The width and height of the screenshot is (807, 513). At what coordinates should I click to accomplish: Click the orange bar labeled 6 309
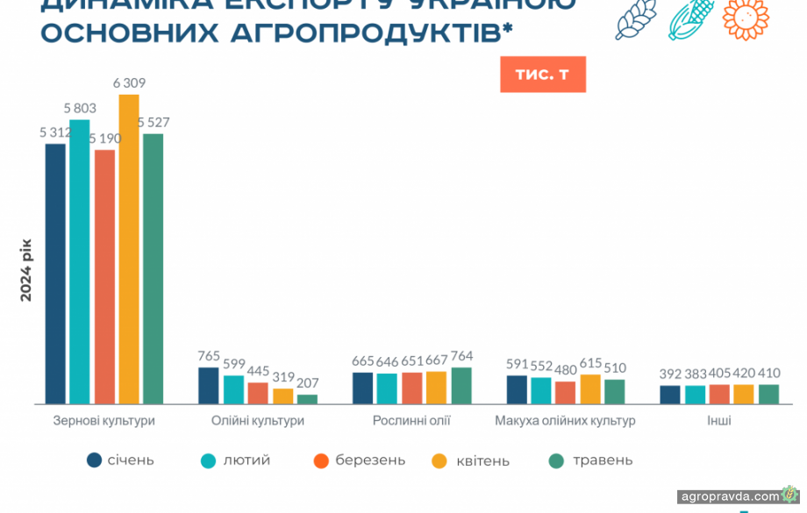tap(129, 249)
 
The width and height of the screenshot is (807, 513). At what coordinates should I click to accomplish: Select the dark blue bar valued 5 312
tap(55, 274)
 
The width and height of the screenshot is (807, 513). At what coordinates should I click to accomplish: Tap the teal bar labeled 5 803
tap(80, 261)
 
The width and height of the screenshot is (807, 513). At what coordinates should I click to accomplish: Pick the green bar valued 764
tap(461, 386)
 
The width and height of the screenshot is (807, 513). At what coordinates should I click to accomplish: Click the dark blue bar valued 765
tap(209, 386)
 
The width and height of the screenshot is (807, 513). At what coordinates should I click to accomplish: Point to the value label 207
tap(308, 383)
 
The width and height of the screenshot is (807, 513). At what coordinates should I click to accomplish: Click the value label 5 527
tap(158, 122)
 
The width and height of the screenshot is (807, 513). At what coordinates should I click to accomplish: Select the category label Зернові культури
tap(104, 421)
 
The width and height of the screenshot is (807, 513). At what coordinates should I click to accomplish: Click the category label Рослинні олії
tap(411, 421)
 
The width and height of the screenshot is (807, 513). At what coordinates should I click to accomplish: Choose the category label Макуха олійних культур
tap(565, 421)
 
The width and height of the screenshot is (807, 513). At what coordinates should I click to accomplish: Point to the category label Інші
tap(719, 421)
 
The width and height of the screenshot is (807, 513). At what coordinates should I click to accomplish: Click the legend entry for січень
tap(121, 460)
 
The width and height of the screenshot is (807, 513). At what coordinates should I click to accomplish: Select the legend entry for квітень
tap(470, 460)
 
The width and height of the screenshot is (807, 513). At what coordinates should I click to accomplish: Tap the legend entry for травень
tap(590, 460)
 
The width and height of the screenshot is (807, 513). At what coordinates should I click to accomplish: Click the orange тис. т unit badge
tap(542, 75)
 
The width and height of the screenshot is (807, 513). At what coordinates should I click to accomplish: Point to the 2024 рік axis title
tap(27, 269)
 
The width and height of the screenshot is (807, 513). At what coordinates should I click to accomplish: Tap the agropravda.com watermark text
tap(729, 495)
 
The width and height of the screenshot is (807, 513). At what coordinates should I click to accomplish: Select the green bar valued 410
tap(768, 395)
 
